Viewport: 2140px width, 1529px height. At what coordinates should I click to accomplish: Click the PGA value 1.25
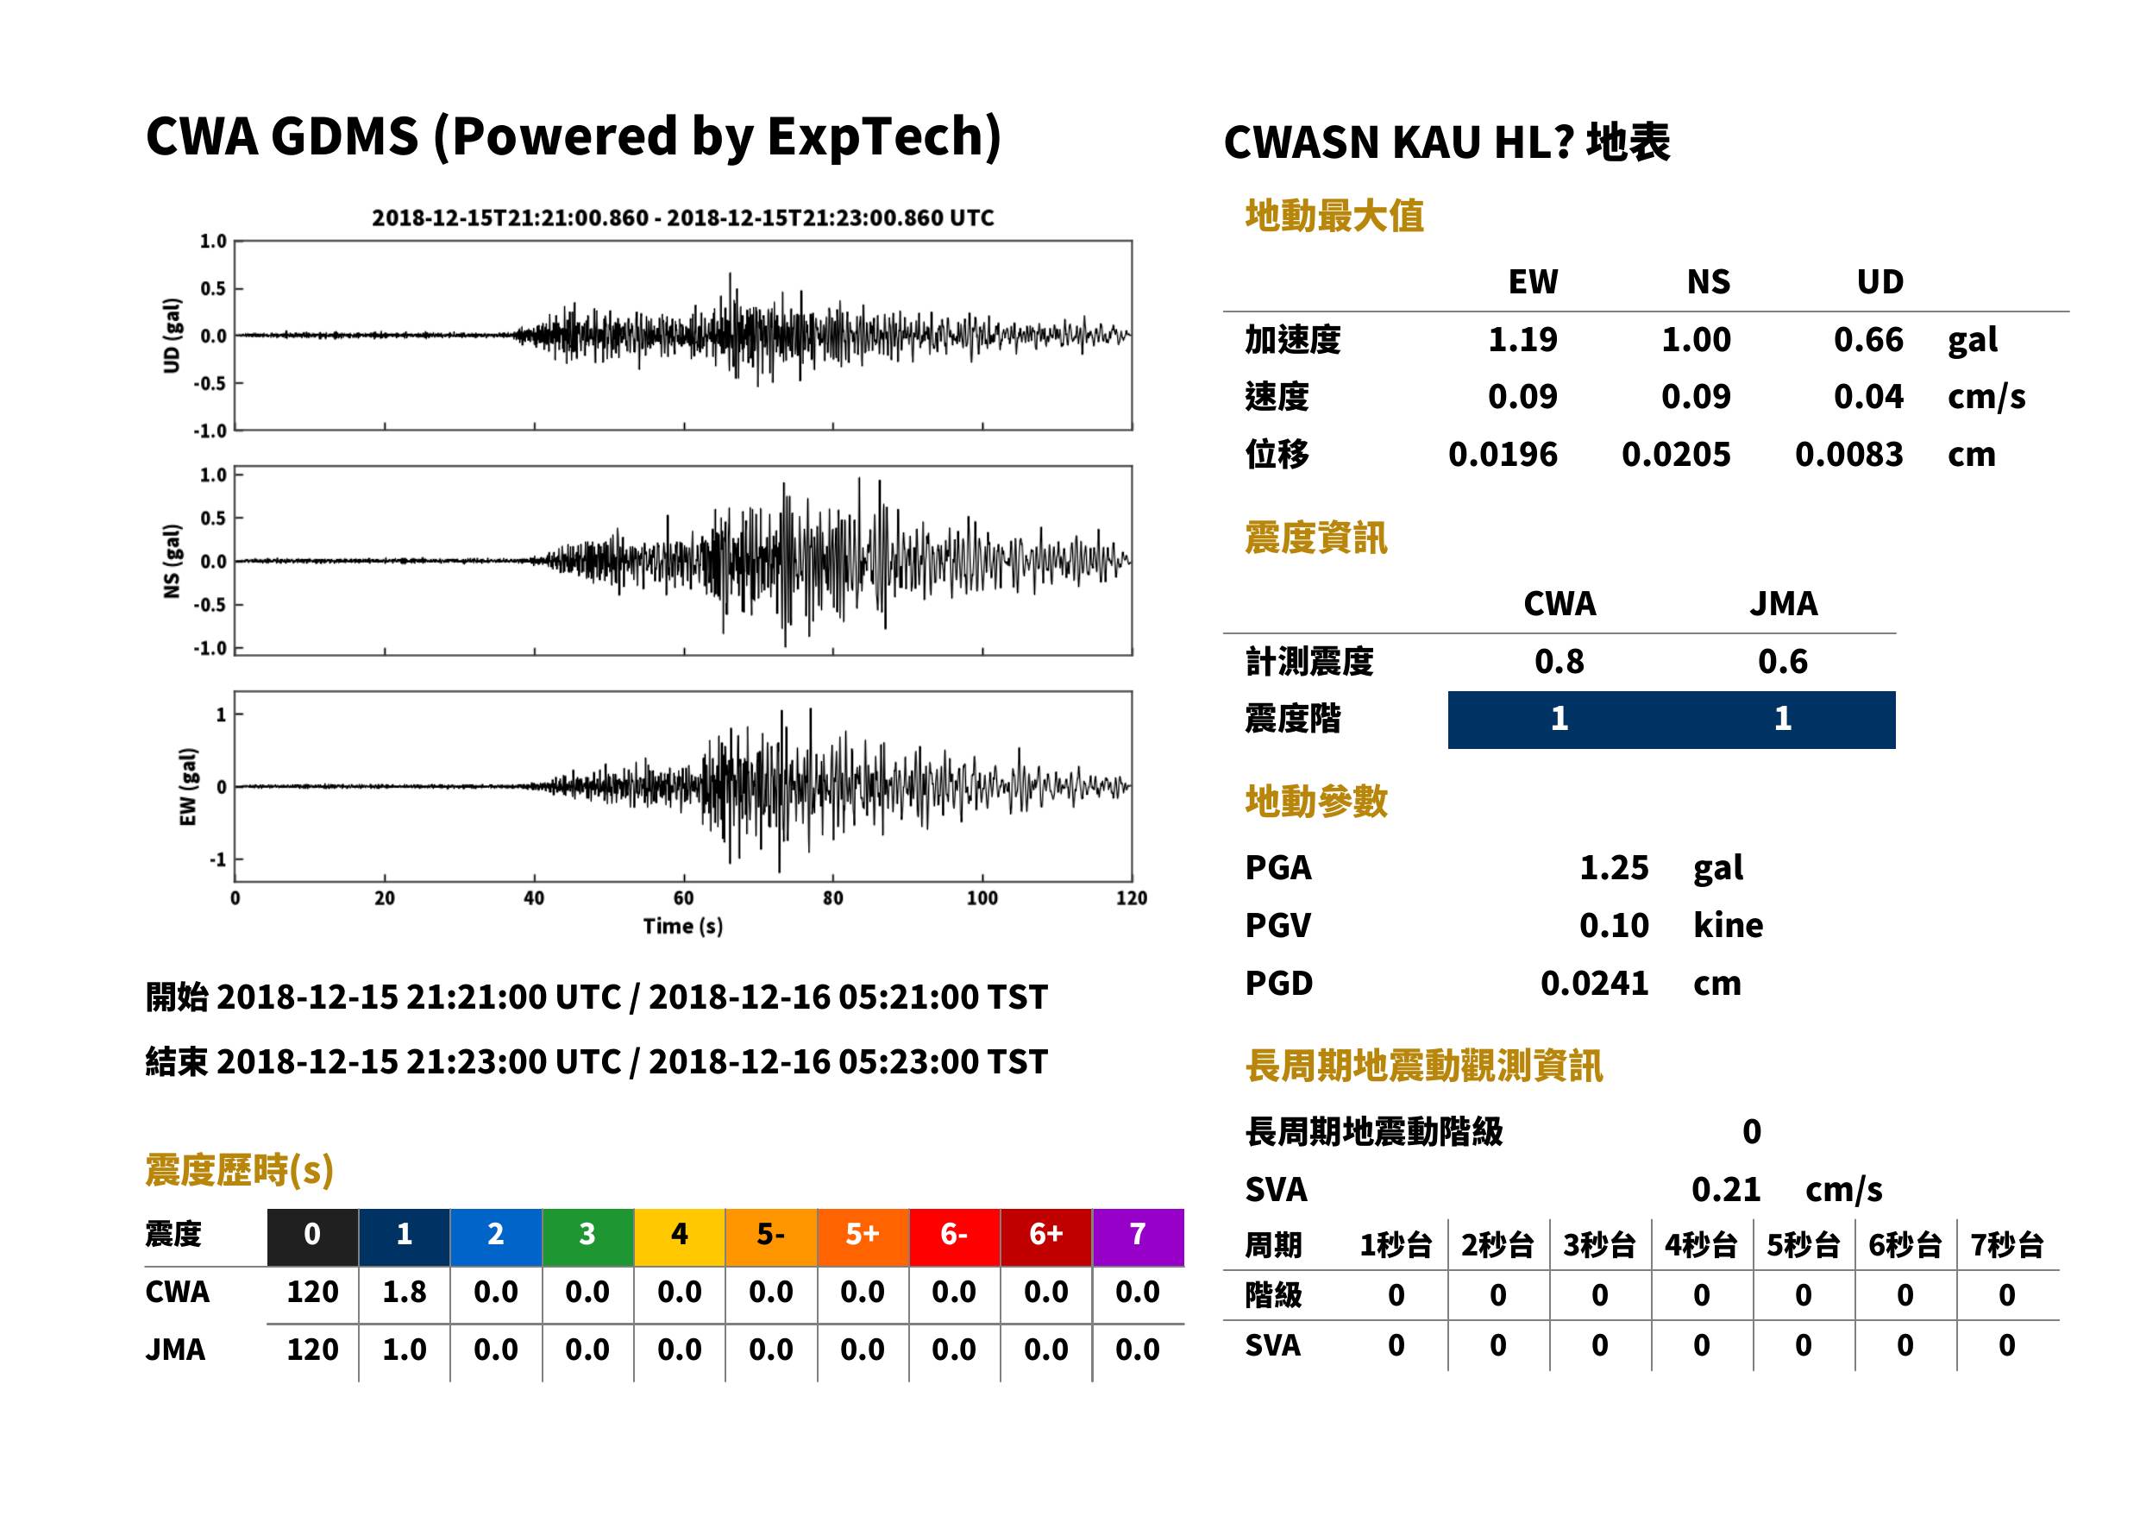coord(1613,867)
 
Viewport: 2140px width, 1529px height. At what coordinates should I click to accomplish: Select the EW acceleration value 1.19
coord(1522,339)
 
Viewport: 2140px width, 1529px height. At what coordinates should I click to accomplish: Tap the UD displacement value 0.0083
coord(1848,454)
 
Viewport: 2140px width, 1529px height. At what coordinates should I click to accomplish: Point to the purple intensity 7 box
coord(1138,1236)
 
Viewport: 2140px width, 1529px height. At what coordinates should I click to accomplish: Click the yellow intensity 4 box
coord(680,1236)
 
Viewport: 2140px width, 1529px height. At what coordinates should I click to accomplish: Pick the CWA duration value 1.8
coord(404,1292)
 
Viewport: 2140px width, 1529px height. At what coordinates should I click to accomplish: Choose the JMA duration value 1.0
coord(404,1350)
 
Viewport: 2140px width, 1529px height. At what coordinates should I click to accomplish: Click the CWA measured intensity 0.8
coord(1559,661)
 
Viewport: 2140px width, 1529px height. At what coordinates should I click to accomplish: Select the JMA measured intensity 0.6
coord(1782,661)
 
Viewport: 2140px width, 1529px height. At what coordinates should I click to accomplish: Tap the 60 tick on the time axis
coord(683,898)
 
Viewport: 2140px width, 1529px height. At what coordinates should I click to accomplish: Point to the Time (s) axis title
coord(683,927)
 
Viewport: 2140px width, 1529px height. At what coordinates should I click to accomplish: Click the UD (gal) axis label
coord(172,335)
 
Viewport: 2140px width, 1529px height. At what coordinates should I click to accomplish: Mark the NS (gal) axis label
coord(172,561)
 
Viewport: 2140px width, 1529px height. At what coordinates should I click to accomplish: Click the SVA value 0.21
coord(1725,1189)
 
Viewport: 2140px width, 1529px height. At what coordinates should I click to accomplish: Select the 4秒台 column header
coord(1700,1244)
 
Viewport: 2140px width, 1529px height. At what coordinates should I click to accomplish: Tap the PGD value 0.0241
coord(1594,983)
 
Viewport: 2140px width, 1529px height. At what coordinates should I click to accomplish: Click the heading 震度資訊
coord(1315,538)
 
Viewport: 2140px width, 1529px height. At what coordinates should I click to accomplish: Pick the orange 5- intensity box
coord(771,1236)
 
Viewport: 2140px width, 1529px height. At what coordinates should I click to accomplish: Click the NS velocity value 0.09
coord(1695,396)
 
